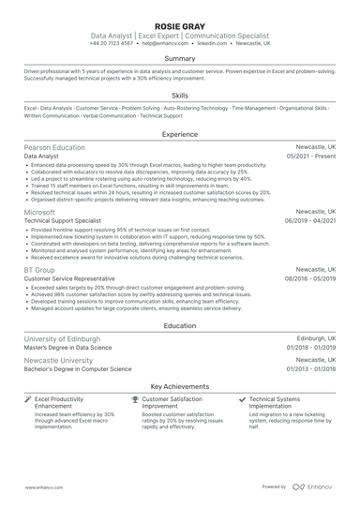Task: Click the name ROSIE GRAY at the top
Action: pyautogui.click(x=180, y=22)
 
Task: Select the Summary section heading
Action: pyautogui.click(x=180, y=58)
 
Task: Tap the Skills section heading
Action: pyautogui.click(x=180, y=96)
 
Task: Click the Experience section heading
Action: pyautogui.click(x=180, y=134)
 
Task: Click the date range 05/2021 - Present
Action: pyautogui.click(x=310, y=157)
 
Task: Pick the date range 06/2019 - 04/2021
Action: pyautogui.click(x=308, y=221)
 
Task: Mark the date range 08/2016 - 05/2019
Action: pyautogui.click(x=308, y=277)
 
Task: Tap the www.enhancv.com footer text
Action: pyautogui.click(x=42, y=487)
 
